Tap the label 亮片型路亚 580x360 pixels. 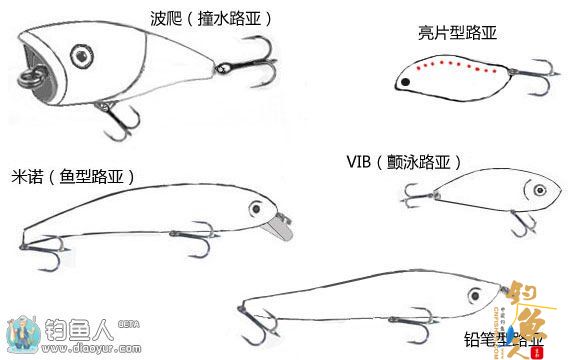coord(457,33)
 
